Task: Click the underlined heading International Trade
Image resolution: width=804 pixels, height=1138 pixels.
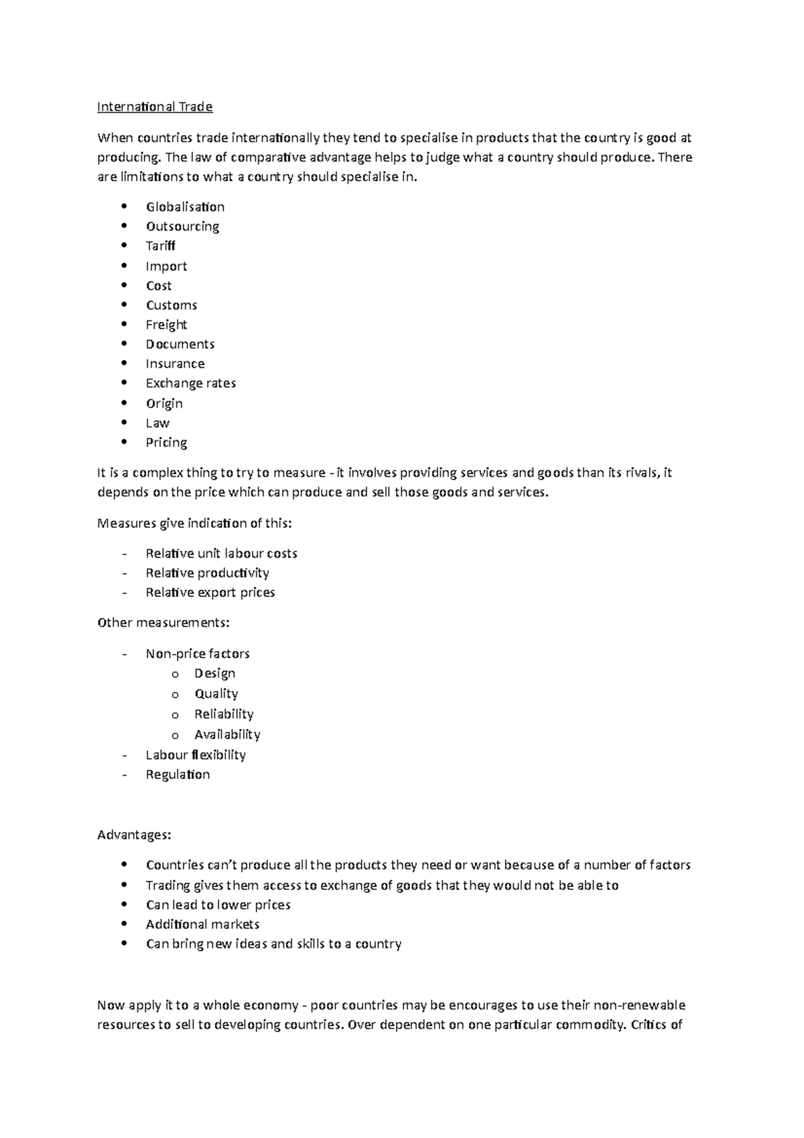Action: (155, 107)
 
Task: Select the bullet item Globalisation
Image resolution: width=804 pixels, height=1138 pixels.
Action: (185, 207)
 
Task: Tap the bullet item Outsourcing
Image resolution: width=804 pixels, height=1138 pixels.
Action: (182, 227)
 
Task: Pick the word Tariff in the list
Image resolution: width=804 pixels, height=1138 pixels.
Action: (160, 246)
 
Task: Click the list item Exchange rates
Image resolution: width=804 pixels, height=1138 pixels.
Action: (191, 383)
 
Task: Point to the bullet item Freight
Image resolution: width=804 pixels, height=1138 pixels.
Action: (166, 325)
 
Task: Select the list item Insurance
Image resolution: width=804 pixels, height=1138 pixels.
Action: (175, 364)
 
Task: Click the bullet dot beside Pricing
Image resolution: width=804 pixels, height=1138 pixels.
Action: (124, 442)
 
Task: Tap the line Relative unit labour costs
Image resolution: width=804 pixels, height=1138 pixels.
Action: (221, 554)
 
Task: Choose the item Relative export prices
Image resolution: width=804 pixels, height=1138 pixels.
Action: (210, 592)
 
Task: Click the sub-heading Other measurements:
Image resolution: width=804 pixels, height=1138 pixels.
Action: (163, 623)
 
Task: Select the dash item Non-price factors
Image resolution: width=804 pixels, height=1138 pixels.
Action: (198, 653)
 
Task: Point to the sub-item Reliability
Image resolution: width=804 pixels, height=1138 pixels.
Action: (224, 714)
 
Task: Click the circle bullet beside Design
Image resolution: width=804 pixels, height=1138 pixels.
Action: (175, 674)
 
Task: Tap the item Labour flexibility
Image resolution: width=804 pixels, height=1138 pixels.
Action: (196, 755)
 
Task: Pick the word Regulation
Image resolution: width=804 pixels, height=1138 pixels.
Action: (178, 775)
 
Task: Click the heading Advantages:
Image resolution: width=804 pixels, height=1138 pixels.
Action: (134, 835)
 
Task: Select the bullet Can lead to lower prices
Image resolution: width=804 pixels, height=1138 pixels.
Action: (218, 905)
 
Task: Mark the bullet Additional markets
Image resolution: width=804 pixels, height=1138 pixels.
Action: (202, 924)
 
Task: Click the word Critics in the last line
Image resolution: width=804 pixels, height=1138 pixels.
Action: (648, 1025)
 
